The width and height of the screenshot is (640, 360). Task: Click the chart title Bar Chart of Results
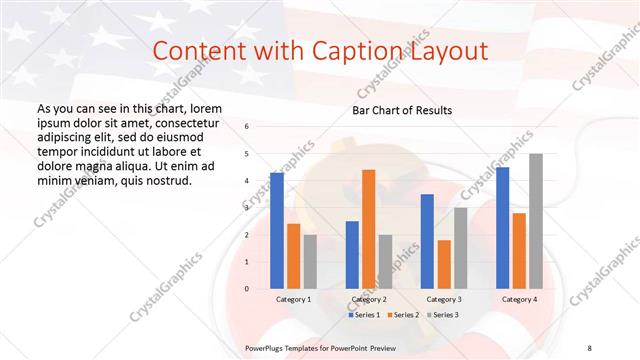[402, 110]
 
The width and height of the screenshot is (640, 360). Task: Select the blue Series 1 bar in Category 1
[277, 231]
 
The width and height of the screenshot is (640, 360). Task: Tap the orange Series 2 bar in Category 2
[368, 229]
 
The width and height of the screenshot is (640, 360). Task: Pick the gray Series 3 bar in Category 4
[536, 221]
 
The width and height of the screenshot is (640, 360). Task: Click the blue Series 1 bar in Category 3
[427, 241]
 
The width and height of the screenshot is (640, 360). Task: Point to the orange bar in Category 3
[443, 264]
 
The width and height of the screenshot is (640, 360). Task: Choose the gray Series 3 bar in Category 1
[310, 262]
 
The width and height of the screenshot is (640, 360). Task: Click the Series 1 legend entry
[365, 315]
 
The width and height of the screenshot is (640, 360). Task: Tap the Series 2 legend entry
[403, 315]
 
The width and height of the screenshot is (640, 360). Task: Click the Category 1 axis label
[293, 299]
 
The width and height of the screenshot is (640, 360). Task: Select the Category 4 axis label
[519, 299]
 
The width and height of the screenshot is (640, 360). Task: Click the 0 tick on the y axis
[248, 289]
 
